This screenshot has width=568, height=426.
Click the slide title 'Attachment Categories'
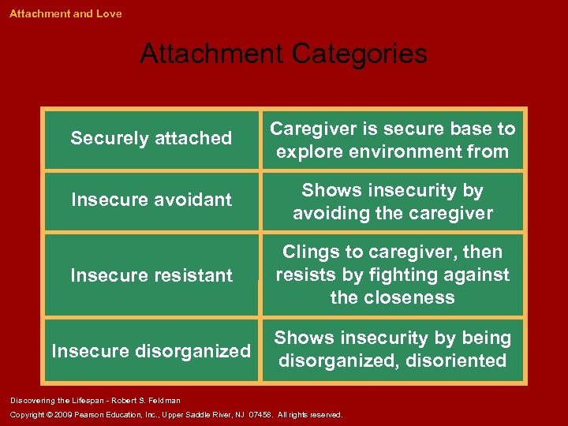coord(283,54)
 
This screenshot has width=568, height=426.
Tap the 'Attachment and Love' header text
coord(65,13)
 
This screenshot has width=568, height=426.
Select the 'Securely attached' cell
coord(151,139)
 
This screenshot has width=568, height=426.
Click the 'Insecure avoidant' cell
coord(151,200)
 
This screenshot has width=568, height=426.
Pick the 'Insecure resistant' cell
coord(151,275)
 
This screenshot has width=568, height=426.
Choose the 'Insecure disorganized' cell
coord(151,351)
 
